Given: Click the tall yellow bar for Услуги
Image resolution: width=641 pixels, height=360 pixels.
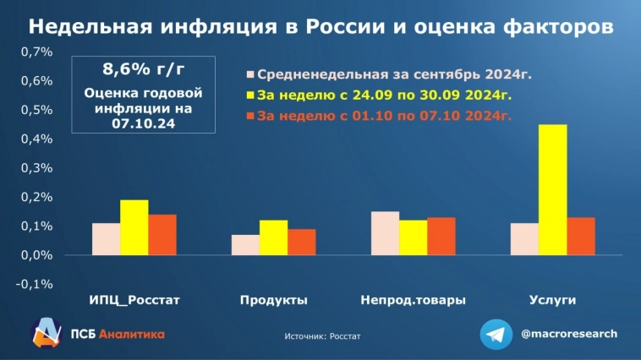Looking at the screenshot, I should pos(552,189).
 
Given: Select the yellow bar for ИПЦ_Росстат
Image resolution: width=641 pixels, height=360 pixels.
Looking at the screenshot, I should pos(134,227).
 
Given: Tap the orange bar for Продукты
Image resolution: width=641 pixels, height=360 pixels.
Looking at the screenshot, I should pos(301,242).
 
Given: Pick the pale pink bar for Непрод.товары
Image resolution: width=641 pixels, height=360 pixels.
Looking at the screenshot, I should pos(385,233).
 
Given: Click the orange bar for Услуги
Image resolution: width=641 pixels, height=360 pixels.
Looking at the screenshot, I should pos(580,236).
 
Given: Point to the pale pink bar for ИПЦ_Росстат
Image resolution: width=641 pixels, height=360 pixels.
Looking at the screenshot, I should pos(106,238).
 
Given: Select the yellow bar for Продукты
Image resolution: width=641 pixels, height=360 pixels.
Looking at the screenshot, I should pos(273,237).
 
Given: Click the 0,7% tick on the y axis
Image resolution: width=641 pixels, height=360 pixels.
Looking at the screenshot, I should pos(36,52).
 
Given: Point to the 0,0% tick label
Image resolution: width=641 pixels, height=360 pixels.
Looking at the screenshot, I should pos(36,254).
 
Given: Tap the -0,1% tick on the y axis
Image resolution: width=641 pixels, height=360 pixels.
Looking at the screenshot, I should pos(35,283).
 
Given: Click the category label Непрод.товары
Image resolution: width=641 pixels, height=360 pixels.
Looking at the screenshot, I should pos(413,300).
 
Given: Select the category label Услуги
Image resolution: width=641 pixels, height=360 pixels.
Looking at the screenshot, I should pos(552,300).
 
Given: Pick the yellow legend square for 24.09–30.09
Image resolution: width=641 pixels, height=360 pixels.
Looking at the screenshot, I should pos(249,95).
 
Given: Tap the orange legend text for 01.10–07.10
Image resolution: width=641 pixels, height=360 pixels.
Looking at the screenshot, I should pos(384,116).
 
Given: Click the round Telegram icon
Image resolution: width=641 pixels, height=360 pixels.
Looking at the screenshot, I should pos(496,334).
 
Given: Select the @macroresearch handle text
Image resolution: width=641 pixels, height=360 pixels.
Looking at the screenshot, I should pos(569,333).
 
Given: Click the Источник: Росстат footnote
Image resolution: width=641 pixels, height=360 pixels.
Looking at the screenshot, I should pos(322,335).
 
